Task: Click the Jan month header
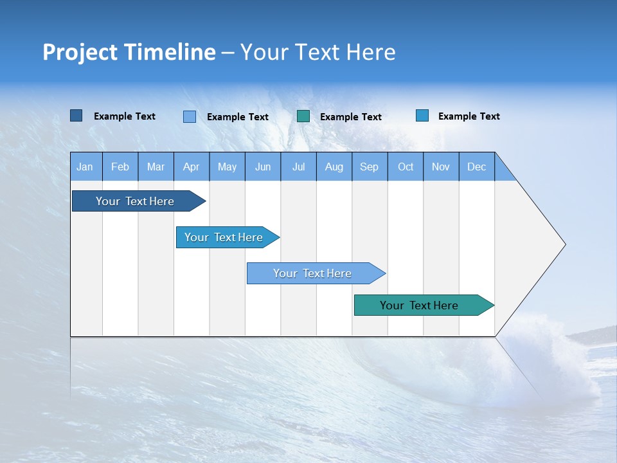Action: tap(85, 167)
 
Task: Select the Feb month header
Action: tap(120, 167)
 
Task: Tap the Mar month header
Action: tap(156, 167)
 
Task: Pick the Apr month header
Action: tap(192, 167)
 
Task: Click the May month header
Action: tap(227, 167)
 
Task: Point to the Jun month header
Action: tap(263, 167)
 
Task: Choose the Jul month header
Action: tap(298, 167)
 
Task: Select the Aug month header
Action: tap(334, 167)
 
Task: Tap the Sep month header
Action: tap(370, 167)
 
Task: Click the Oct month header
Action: tap(406, 167)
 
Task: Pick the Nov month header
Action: tap(441, 167)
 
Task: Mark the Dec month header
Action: tap(477, 167)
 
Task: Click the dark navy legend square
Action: tap(76, 116)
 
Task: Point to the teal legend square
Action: tap(303, 116)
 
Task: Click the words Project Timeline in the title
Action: tap(129, 52)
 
